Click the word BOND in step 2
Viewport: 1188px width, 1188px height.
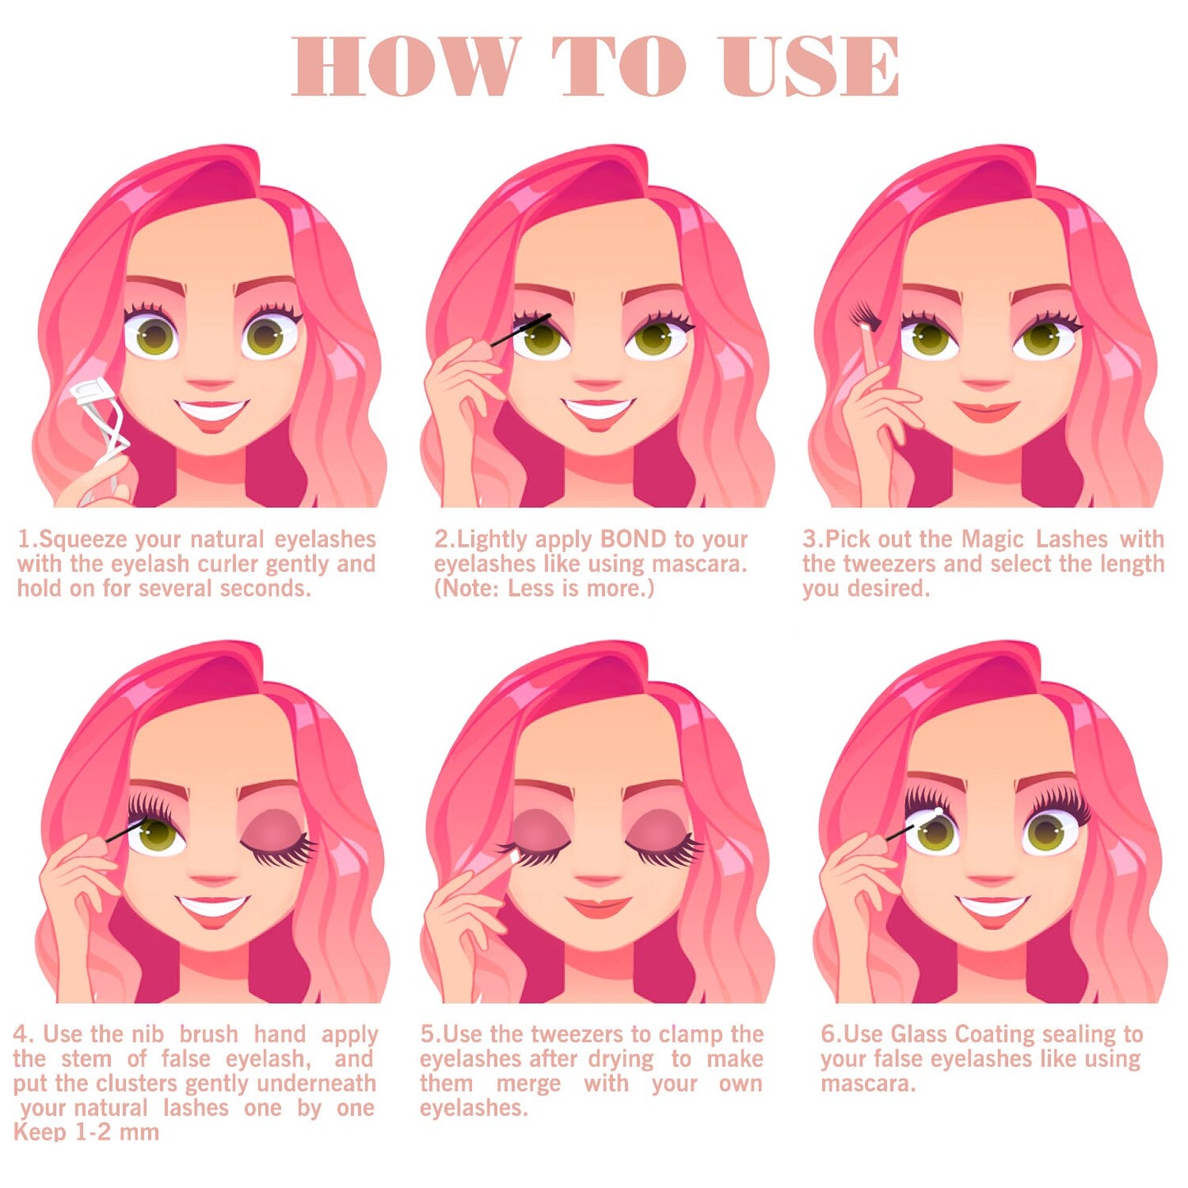633,539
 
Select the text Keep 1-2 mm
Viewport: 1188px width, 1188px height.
86,1132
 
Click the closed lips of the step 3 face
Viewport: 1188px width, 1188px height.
987,410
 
